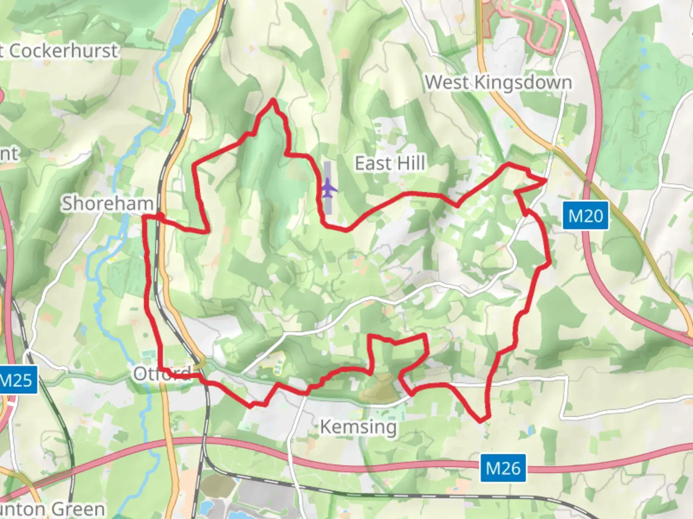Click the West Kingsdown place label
tap(498, 83)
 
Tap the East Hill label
tap(390, 163)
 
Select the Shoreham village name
tap(107, 203)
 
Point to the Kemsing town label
tap(359, 426)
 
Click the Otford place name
tap(162, 373)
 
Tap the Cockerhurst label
tap(63, 50)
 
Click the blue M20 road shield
tap(585, 216)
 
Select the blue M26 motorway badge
tap(503, 468)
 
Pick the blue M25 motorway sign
tap(17, 380)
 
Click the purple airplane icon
tap(328, 187)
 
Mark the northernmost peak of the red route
tap(273, 100)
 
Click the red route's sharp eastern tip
tap(546, 180)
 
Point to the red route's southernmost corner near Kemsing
tap(481, 421)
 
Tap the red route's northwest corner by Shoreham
tap(145, 217)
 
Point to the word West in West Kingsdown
tap(446, 83)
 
